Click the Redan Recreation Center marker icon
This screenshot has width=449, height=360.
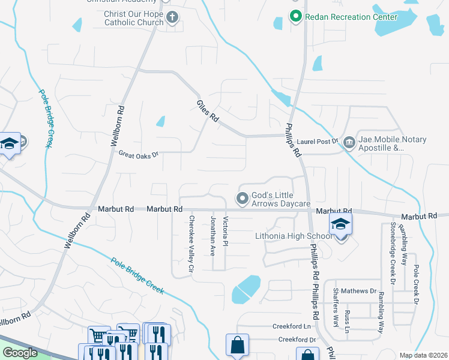295,16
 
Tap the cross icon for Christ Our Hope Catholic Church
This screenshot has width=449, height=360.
172,17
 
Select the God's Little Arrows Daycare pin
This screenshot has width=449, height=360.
243,197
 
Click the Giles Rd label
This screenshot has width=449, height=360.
207,112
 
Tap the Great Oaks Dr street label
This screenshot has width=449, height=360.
138,154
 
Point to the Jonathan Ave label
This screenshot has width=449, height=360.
212,236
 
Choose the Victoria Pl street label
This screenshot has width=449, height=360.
225,235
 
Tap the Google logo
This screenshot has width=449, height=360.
20,353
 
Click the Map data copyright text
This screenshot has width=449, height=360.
423,355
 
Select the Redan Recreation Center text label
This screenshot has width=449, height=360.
351,17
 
